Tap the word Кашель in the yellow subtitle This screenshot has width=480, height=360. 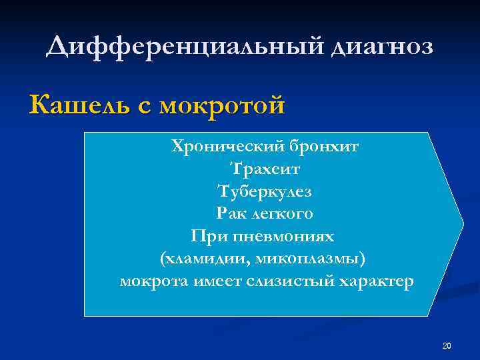tap(75, 105)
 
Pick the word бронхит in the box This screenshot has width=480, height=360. tap(326, 145)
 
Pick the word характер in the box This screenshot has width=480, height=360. tap(377, 281)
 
